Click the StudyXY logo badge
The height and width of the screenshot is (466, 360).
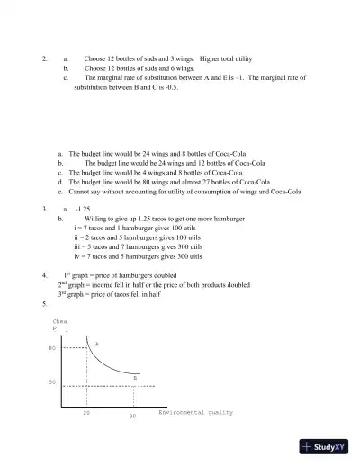tap(325, 447)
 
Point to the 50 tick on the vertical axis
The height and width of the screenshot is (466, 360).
tap(53, 382)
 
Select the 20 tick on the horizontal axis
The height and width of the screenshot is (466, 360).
tap(86, 412)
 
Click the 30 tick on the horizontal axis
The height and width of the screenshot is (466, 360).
tap(131, 417)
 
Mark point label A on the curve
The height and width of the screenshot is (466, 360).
tap(96, 344)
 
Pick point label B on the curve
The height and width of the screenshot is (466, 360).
tap(134, 378)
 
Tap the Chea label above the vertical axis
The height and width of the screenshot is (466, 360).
tap(60, 320)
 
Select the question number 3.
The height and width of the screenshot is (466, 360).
tap(44, 208)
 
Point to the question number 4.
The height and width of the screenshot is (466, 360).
tap(44, 273)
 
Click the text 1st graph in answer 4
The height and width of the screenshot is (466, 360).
tap(78, 273)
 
